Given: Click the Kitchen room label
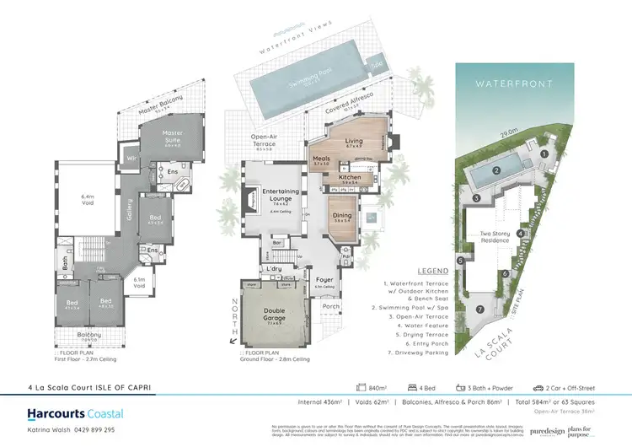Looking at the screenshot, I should [349, 177].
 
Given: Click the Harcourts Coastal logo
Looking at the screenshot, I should [63, 412].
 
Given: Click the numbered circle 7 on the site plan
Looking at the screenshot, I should [479, 310].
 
